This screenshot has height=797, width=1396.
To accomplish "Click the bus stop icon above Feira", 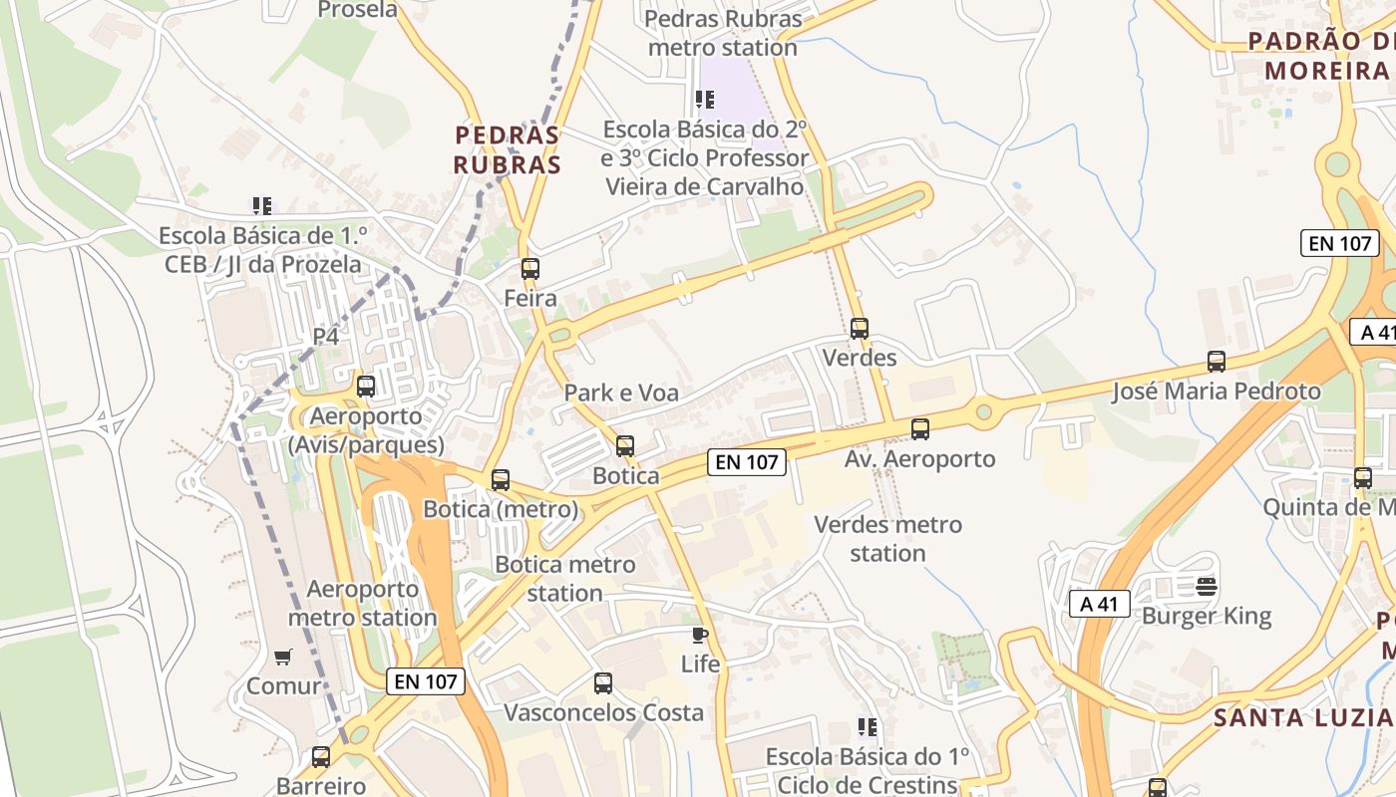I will (x=529, y=268).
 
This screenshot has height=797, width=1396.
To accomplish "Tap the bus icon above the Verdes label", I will (x=859, y=328).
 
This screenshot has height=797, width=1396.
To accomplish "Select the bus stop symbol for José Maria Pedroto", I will (x=1216, y=362).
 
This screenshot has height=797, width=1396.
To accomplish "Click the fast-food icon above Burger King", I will (x=1207, y=587).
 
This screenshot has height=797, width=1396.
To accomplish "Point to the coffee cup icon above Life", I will (x=700, y=635).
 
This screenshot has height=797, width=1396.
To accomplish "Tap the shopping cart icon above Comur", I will (x=283, y=657).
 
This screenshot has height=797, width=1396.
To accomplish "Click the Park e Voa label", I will (x=621, y=393).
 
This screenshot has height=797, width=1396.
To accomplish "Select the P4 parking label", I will (x=326, y=337).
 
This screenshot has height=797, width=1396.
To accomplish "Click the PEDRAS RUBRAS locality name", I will (x=508, y=149).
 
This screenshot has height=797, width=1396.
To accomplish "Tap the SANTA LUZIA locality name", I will (x=1302, y=717).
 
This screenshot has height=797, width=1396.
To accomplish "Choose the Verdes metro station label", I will (x=887, y=538).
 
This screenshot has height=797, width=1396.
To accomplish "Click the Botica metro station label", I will (x=564, y=579).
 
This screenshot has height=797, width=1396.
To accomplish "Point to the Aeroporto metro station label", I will (x=362, y=603).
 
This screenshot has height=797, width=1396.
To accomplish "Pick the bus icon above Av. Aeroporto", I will (x=919, y=429).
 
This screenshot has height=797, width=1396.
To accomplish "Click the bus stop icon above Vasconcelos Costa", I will (x=602, y=683).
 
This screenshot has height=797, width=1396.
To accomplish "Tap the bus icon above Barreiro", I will (x=320, y=757).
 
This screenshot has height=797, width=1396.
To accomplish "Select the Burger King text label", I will (x=1207, y=616).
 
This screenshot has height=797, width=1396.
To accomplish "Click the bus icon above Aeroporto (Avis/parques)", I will (x=366, y=387).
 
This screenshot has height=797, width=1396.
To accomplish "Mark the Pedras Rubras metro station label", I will (x=723, y=33).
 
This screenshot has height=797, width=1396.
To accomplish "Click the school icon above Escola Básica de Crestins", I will (x=868, y=727).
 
